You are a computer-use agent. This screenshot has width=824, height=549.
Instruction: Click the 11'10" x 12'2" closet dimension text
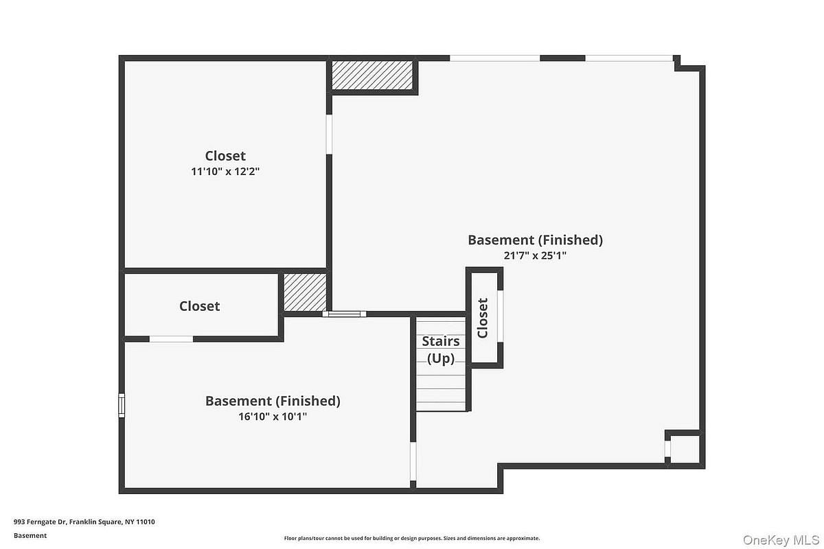225,172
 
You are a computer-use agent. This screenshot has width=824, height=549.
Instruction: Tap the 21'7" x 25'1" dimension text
535,255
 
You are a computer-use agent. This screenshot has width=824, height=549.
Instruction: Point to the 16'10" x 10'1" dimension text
273,417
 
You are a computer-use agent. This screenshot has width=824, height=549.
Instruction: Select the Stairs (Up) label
441,350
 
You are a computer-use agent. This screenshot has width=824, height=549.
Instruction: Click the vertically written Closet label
482,318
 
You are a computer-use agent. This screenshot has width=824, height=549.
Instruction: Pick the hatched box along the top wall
372,75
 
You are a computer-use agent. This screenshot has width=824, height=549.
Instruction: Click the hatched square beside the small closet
305,292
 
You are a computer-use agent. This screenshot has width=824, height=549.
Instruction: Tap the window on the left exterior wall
122,405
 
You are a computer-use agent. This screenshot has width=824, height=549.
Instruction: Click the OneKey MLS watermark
781,540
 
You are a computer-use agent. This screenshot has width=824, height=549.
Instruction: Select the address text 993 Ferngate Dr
40,522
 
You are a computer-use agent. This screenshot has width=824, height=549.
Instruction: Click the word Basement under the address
30,535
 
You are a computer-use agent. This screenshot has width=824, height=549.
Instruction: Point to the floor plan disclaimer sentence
411,538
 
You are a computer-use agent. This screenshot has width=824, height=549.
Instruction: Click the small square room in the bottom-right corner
685,449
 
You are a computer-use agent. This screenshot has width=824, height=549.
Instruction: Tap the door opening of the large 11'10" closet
329,135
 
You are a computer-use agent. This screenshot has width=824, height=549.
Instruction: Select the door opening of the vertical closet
501,316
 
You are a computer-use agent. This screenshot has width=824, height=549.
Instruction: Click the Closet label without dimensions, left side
199,306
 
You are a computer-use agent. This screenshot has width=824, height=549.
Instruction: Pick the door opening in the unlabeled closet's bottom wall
172,339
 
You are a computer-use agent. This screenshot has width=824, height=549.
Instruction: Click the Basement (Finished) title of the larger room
535,240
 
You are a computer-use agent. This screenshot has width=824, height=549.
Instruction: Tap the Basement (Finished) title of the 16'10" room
273,401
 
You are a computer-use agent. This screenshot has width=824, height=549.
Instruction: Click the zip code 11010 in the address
146,522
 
